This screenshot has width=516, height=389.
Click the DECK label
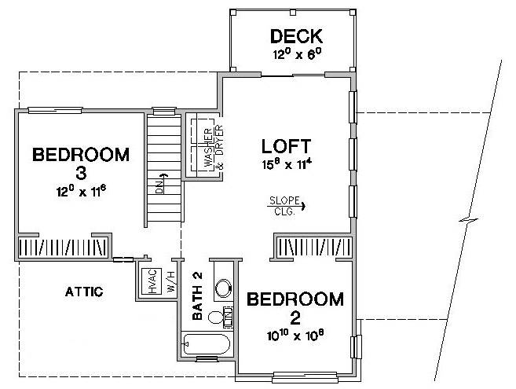tap(296, 36)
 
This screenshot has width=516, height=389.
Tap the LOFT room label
tap(286, 146)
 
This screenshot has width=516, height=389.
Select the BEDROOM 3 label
tap(81, 163)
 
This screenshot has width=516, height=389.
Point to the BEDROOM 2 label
tap(295, 308)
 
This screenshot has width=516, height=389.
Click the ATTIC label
tap(84, 292)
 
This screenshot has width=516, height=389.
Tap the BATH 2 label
tap(197, 295)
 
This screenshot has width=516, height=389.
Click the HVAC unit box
tap(152, 281)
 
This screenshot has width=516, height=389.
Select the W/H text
tap(171, 281)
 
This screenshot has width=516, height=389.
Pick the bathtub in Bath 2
tap(206, 344)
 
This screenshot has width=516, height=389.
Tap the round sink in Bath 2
tap(224, 287)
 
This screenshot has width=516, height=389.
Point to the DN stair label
tap(159, 186)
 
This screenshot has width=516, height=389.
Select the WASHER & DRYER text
tap(214, 147)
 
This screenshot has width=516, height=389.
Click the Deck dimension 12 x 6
tap(297, 53)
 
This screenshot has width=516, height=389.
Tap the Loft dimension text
tap(287, 164)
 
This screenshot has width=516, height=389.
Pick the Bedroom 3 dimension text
tap(81, 191)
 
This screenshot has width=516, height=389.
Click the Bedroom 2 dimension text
tap(295, 336)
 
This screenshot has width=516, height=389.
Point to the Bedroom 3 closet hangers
tap(63, 248)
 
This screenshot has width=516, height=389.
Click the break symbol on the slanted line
tap(469, 220)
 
